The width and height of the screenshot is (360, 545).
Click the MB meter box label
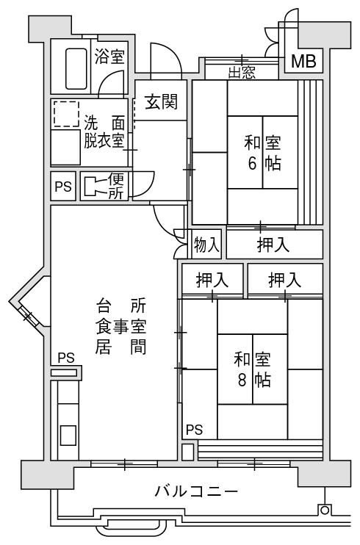click(303, 62)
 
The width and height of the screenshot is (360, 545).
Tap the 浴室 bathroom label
click(109, 57)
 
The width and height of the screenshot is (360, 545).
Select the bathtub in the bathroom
click(76, 69)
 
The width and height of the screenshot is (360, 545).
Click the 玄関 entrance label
click(162, 102)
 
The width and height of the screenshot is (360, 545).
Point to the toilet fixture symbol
click(94, 186)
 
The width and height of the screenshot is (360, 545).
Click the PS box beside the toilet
click(63, 187)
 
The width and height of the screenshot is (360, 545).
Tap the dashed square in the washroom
click(66, 114)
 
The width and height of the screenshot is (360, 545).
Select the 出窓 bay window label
click(242, 73)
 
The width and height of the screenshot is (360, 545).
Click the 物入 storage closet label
click(206, 244)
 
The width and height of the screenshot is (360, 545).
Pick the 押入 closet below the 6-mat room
click(273, 245)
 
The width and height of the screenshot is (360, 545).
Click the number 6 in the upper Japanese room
click(252, 162)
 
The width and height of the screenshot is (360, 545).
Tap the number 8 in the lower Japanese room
click(242, 380)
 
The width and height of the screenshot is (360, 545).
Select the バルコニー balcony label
click(196, 491)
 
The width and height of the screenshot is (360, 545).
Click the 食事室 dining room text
click(121, 327)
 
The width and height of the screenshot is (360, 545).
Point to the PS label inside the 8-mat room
click(195, 430)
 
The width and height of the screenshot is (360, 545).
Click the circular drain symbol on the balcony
click(324, 510)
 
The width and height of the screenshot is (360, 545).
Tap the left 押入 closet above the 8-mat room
click(212, 280)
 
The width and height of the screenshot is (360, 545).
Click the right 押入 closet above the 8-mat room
click(285, 280)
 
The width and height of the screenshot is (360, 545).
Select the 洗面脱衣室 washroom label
click(104, 132)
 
